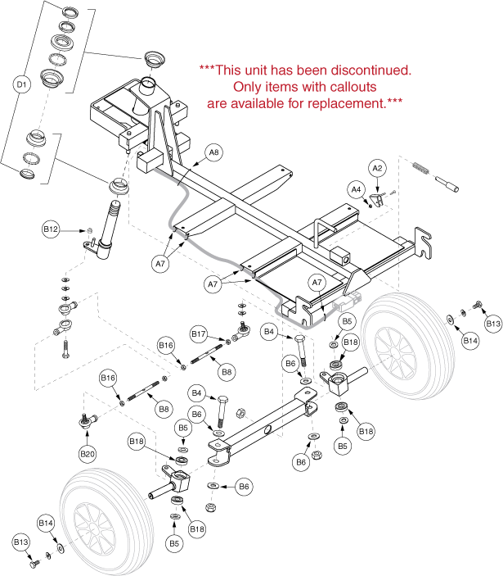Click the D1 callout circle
(x=22, y=84)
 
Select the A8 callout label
(x=213, y=152)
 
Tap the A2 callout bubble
(x=377, y=167)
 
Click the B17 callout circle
(x=200, y=333)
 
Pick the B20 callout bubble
(x=87, y=453)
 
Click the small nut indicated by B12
(x=88, y=229)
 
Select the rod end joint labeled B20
(x=85, y=422)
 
